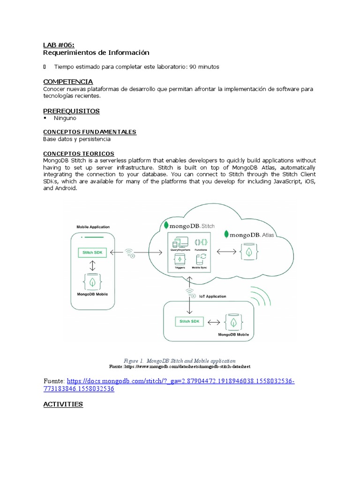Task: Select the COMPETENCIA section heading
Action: click(67, 82)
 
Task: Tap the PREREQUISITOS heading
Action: click(71, 111)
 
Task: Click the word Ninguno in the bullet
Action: click(65, 118)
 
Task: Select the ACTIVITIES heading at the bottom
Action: click(63, 404)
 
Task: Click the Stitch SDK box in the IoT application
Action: click(189, 322)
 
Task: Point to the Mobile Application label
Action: click(93, 227)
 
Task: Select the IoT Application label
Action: click(212, 296)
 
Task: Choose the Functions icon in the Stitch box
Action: click(201, 243)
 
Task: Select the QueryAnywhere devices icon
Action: click(180, 243)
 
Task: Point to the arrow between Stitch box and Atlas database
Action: click(226, 252)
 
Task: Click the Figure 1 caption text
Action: click(180, 361)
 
